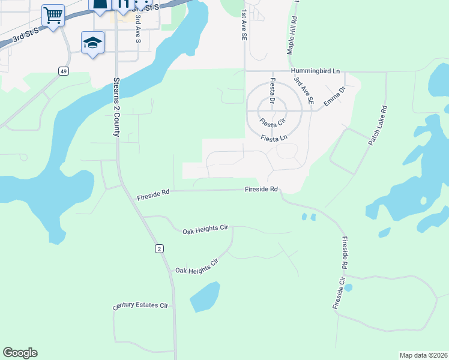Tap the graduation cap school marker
point(93,43)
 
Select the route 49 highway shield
point(63,71)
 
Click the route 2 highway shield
point(159,248)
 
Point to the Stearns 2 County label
point(116,106)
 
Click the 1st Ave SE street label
point(244,25)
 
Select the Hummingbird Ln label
point(314,71)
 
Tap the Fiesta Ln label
point(274,139)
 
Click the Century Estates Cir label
point(141,307)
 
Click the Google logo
point(20,353)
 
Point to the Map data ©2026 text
point(423,355)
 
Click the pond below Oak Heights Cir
point(205,296)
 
